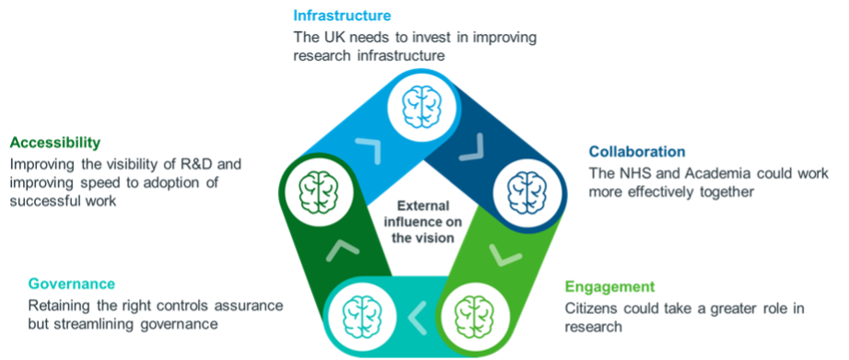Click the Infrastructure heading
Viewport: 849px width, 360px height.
click(x=342, y=15)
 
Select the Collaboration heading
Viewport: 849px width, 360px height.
click(x=637, y=151)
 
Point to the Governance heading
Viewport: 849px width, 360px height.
click(x=72, y=284)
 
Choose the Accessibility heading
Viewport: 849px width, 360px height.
click(x=55, y=143)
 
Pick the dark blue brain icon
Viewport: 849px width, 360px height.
click(x=525, y=189)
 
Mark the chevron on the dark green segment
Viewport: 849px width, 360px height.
click(x=343, y=247)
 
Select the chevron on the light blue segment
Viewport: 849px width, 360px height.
click(x=368, y=148)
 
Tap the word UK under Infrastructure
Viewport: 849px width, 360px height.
click(x=330, y=38)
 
